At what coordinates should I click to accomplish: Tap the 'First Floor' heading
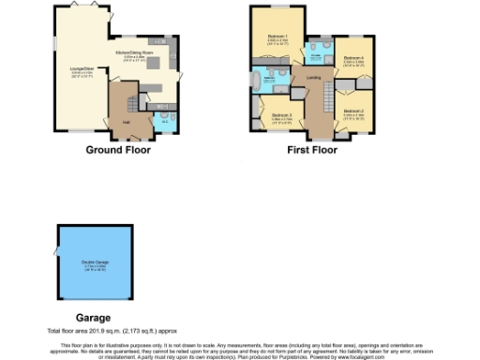(312, 150)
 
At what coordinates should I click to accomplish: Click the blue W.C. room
(164, 118)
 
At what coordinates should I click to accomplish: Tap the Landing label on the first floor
(313, 77)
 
